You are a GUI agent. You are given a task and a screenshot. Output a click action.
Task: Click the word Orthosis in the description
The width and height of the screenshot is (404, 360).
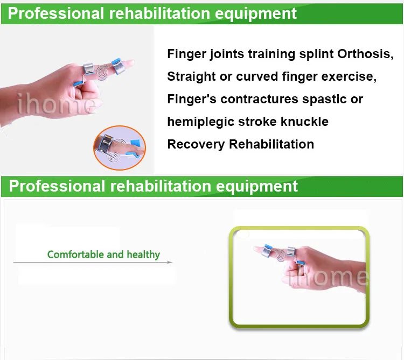(365, 54)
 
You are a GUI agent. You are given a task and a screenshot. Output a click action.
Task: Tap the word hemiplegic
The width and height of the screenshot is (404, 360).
(200, 122)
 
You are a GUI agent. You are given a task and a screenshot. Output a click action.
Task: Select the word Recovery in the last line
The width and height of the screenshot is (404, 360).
(196, 144)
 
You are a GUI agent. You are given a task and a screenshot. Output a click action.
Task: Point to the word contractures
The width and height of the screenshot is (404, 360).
(259, 99)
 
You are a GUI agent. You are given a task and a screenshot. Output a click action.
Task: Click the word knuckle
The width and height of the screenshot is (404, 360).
(304, 122)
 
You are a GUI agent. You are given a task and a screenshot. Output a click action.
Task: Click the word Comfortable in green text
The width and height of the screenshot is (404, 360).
(76, 255)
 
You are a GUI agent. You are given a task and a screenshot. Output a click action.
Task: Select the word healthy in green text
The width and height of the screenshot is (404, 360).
(143, 255)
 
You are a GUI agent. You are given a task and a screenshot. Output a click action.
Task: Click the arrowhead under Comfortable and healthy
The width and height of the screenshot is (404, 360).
(170, 262)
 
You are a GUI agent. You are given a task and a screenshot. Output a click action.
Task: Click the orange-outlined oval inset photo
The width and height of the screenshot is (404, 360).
(120, 147)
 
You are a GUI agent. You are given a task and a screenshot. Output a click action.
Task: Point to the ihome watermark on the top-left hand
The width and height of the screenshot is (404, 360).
(56, 104)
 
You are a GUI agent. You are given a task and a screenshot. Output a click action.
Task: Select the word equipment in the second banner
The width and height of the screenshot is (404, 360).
(256, 187)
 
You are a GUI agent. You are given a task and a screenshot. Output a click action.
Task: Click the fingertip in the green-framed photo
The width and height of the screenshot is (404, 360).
(257, 249)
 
